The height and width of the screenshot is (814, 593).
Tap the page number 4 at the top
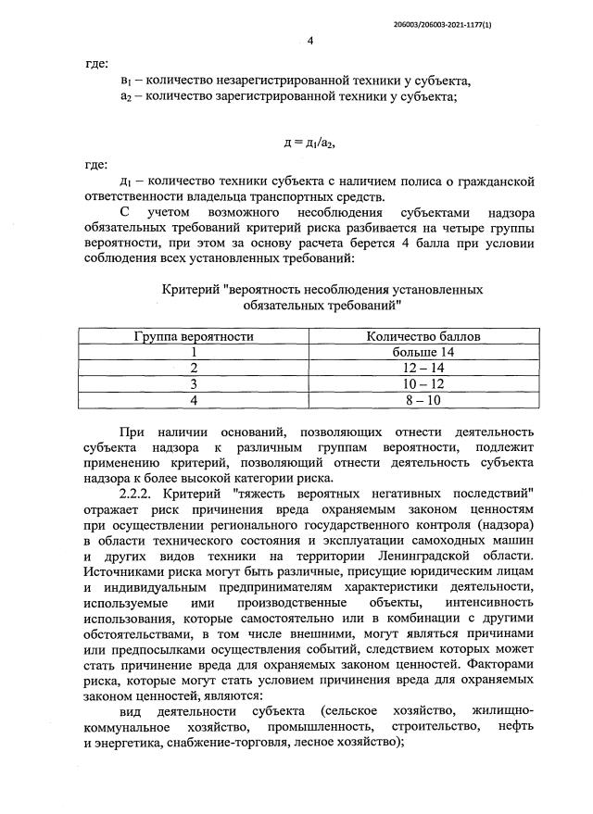coord(310,41)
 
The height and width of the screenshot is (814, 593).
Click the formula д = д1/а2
coord(309,143)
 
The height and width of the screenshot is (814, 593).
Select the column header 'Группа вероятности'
coord(195,336)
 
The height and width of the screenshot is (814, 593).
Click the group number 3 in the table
coord(195,383)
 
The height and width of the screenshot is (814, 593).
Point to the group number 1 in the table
coord(195,352)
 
